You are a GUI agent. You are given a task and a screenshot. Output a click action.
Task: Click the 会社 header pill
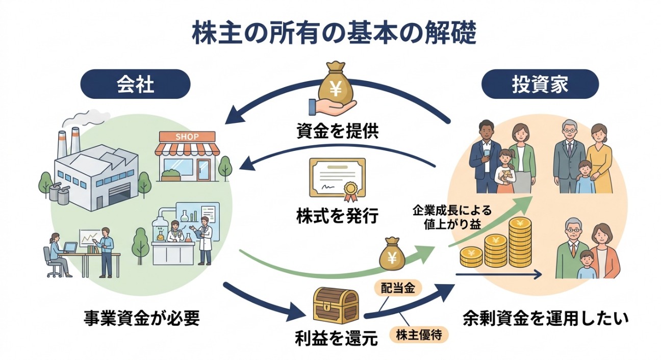click(x=136, y=84)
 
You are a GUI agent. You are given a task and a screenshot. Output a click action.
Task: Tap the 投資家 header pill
click(x=540, y=84)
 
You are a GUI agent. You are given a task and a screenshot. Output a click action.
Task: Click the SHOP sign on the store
click(x=187, y=137)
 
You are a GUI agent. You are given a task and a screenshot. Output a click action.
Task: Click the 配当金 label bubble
click(x=398, y=288)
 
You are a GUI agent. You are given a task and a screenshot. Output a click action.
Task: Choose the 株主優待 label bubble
click(x=419, y=335)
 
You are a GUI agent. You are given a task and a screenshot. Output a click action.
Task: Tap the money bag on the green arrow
click(x=392, y=254)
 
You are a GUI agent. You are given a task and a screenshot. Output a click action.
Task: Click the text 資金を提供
click(x=337, y=131)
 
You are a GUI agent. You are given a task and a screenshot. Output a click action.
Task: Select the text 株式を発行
click(x=337, y=216)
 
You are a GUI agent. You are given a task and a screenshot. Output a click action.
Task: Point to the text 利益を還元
click(x=336, y=338)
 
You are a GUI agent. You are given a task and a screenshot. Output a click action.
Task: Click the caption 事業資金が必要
click(x=142, y=318)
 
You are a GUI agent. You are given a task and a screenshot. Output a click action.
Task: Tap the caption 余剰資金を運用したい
click(x=546, y=318)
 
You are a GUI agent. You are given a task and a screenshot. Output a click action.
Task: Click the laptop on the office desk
click(x=70, y=247)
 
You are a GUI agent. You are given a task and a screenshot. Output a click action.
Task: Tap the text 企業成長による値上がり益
click(x=452, y=217)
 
